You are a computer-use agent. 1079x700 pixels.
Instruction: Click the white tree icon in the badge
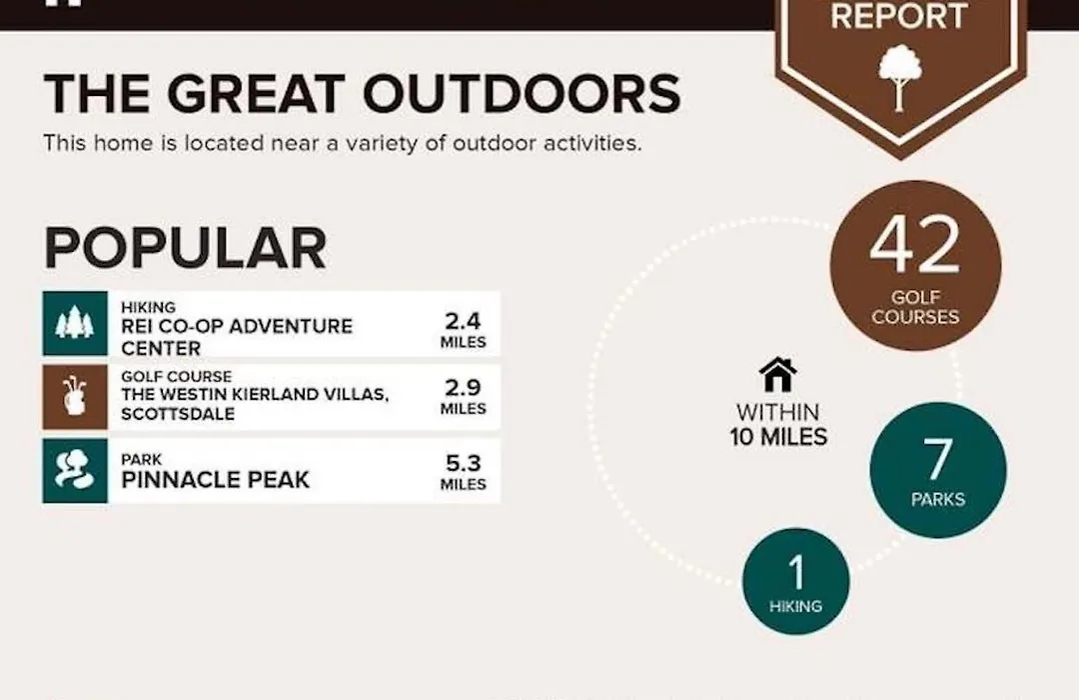(899, 77)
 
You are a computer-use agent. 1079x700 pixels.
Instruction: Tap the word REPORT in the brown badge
(899, 16)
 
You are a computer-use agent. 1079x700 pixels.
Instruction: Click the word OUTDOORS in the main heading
(522, 93)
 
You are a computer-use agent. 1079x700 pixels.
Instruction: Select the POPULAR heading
(185, 247)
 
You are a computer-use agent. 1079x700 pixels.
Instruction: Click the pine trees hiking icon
(75, 323)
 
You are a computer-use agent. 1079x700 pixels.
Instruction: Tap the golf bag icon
(75, 396)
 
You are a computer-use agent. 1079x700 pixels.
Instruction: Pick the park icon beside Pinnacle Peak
(75, 470)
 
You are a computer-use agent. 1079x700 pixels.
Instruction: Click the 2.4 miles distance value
(464, 329)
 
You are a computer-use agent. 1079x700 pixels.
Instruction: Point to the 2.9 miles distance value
(464, 396)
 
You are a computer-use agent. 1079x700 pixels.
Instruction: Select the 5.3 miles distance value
(464, 471)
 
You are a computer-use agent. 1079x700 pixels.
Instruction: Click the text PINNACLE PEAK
(216, 480)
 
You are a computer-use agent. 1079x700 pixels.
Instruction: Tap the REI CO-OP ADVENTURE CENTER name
(237, 337)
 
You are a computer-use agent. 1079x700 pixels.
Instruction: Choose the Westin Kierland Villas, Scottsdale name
(255, 404)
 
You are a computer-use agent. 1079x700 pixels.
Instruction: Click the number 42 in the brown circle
(914, 245)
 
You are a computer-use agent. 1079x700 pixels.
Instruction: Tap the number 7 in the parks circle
(937, 460)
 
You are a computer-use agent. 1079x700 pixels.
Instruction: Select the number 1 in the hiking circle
(796, 573)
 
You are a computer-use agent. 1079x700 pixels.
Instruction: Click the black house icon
(777, 374)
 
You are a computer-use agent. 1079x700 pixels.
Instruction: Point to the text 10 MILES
(778, 437)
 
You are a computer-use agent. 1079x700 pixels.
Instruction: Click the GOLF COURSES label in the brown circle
(915, 307)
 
